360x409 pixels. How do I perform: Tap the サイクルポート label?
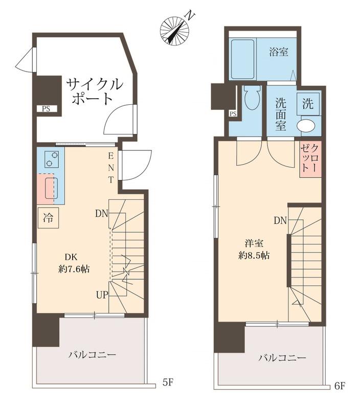click(95, 90)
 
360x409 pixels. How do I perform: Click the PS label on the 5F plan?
click(46, 108)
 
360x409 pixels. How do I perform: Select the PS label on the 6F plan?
click(233, 113)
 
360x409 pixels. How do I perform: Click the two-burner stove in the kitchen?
click(51, 160)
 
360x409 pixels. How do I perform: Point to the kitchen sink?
click(51, 187)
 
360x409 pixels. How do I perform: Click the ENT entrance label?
click(110, 167)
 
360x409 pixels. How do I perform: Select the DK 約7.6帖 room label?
click(74, 263)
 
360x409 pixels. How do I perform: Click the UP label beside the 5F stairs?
click(102, 294)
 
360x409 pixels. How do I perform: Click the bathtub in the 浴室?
click(242, 59)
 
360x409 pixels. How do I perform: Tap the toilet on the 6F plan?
click(252, 97)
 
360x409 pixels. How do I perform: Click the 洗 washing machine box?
click(308, 105)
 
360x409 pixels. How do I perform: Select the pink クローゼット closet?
click(310, 159)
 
